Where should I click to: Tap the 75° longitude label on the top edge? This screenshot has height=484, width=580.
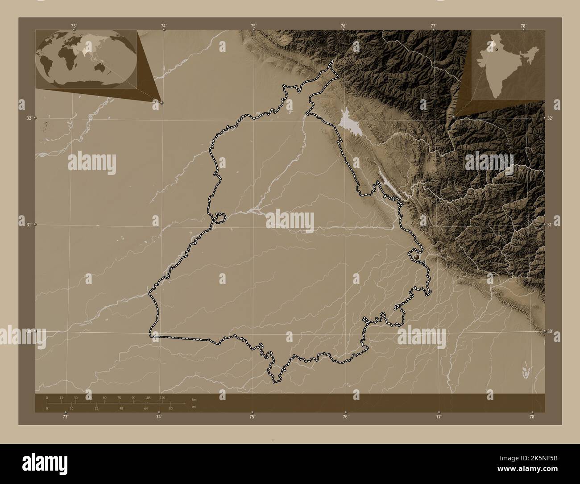(253, 26)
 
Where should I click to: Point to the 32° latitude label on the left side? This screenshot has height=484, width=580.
(29, 118)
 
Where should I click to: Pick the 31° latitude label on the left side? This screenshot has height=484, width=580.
(29, 225)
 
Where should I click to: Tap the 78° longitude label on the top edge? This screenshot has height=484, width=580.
(523, 26)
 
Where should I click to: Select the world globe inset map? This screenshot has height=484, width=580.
(86, 60)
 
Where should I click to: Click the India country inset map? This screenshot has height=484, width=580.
(508, 64)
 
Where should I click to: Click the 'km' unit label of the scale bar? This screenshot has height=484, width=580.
(194, 400)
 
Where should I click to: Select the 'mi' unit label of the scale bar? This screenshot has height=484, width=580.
(193, 407)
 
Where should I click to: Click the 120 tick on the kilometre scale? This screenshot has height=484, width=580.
(162, 397)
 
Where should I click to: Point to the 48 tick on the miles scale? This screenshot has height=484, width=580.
(121, 408)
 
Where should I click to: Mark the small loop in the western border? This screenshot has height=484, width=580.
(220, 218)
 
